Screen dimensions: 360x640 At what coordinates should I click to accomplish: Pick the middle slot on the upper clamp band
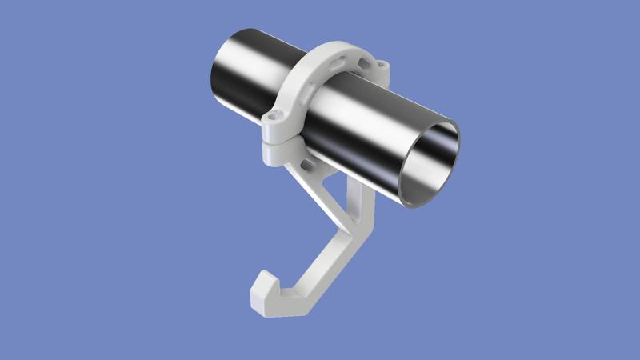point(343,58)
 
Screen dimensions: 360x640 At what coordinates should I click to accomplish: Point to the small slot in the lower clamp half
point(306,163)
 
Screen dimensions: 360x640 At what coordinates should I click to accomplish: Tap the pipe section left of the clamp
point(248,76)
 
